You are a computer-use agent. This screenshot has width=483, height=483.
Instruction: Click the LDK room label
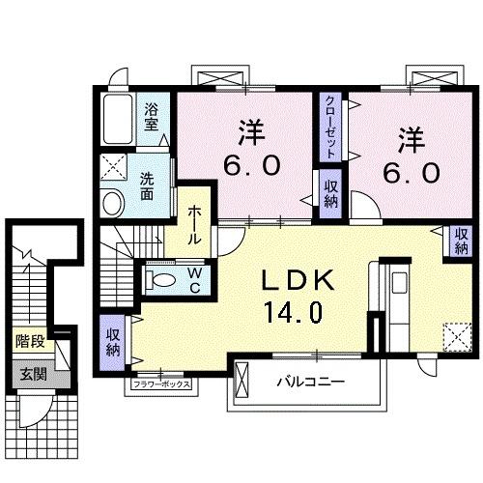click(x=297, y=280)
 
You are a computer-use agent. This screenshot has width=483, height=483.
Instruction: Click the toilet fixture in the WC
click(x=161, y=279)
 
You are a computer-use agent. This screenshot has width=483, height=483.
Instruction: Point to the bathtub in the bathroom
click(x=118, y=119)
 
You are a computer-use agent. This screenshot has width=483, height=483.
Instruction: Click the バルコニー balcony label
click(x=311, y=383)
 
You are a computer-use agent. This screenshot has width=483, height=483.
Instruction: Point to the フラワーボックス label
click(x=161, y=384)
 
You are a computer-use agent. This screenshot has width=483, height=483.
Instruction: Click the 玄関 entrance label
click(x=34, y=375)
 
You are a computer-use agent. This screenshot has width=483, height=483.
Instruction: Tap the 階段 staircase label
click(x=30, y=341)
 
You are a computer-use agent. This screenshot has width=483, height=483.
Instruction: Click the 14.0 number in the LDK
click(x=293, y=312)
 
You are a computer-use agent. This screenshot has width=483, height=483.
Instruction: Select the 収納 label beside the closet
click(x=330, y=194)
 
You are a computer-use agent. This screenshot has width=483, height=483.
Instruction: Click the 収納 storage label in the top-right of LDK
click(x=461, y=241)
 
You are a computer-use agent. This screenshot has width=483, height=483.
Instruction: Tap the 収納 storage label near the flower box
click(x=113, y=342)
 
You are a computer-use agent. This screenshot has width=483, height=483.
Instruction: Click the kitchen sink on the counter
click(x=399, y=282)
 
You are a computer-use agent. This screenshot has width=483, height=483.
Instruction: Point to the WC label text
click(x=195, y=281)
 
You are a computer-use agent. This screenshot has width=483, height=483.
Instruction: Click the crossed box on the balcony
click(x=242, y=381)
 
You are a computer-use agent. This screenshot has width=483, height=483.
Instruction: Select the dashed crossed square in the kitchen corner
click(x=458, y=336)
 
